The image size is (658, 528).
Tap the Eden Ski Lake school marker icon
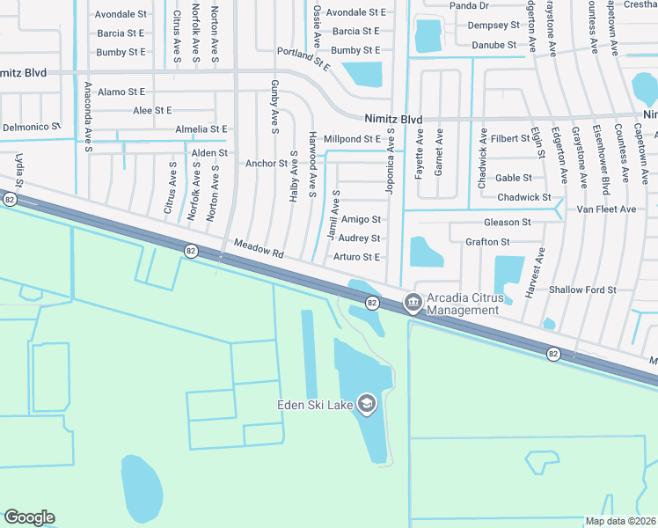click(x=366, y=405)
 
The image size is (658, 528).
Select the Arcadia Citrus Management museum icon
click(x=412, y=303)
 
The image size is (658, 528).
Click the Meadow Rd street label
click(x=259, y=250)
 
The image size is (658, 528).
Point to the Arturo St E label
click(x=356, y=257)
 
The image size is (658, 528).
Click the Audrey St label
click(x=359, y=238)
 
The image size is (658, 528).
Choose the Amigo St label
click(x=361, y=219)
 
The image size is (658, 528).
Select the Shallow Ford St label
click(x=582, y=290)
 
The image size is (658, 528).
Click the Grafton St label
click(x=487, y=242)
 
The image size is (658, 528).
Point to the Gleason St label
click(x=508, y=223)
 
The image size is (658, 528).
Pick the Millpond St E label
click(x=352, y=139)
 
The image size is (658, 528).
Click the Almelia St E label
click(x=201, y=128)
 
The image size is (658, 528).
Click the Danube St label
click(x=493, y=45)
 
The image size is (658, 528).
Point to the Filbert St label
click(x=511, y=138)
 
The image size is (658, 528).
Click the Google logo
click(x=29, y=517)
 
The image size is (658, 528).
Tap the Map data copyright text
click(x=621, y=521)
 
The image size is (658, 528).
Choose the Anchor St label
click(x=267, y=164)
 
